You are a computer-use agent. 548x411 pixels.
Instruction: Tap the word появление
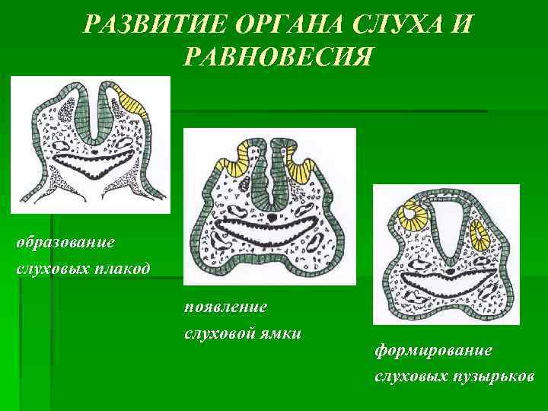click(225, 307)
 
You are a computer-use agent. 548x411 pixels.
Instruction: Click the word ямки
click(282, 333)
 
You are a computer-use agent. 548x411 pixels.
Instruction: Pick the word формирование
click(433, 349)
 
